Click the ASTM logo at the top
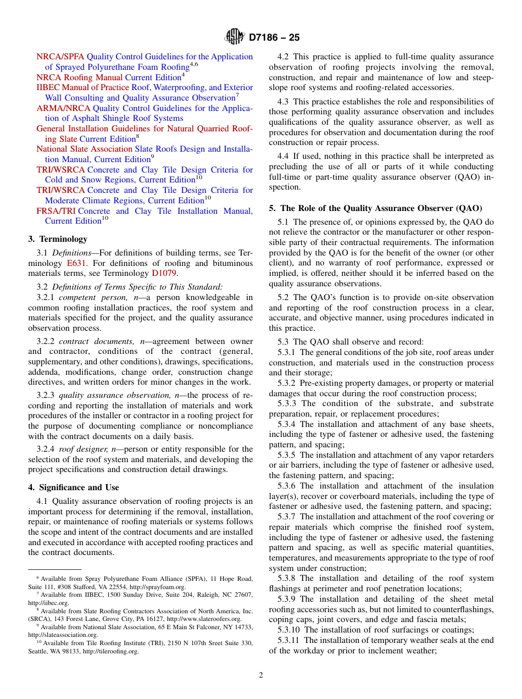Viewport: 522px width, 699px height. [x=235, y=37]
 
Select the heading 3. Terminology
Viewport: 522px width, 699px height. [x=58, y=239]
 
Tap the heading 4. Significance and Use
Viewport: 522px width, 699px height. [x=74, y=487]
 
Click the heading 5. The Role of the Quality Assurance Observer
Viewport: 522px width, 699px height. [x=375, y=208]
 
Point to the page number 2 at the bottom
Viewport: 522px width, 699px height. [x=261, y=675]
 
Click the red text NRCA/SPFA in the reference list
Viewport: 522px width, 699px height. [x=60, y=57]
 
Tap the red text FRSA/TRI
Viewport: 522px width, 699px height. [x=56, y=211]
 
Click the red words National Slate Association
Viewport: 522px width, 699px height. [x=85, y=149]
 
